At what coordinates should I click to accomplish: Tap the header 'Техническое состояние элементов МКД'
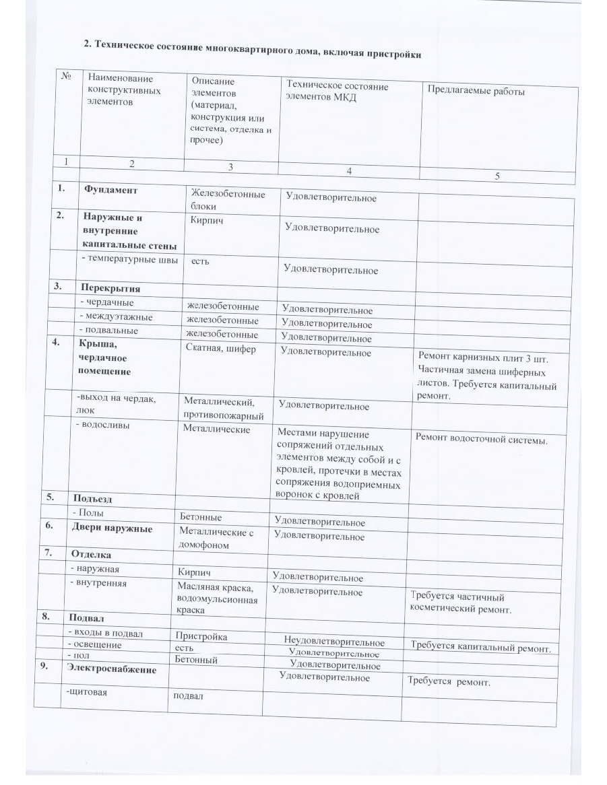point(338,92)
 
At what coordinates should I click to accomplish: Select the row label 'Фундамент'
point(110,191)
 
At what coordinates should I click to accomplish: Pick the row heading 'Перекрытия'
point(111,289)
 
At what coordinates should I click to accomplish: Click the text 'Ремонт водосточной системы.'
point(481,440)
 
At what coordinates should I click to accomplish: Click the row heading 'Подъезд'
point(92,499)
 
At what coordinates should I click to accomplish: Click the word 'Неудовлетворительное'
point(334,642)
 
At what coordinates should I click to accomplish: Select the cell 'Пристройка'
point(201,636)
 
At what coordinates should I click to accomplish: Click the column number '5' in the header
point(497,176)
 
